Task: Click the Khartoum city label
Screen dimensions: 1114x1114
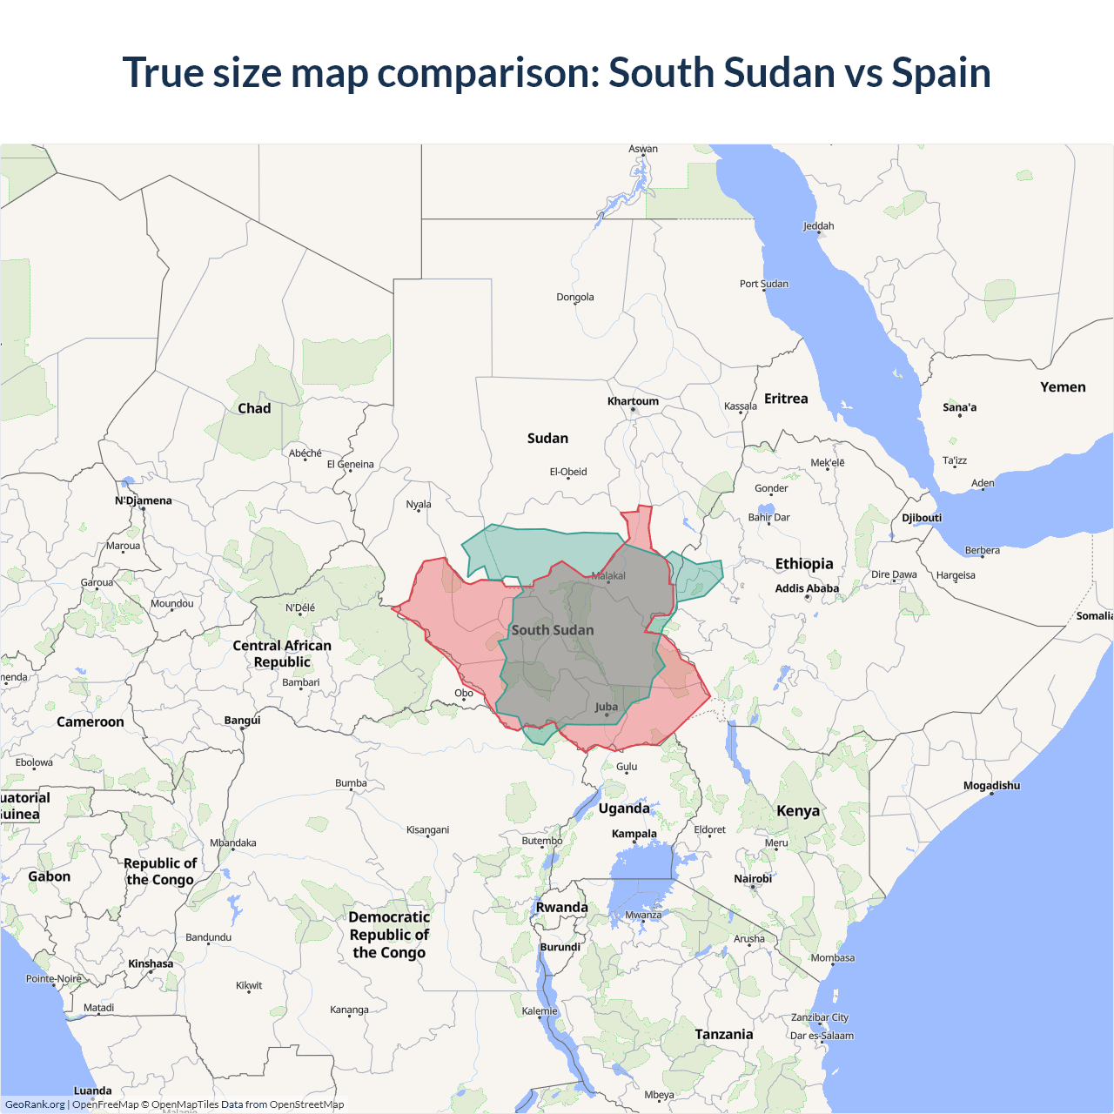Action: pyautogui.click(x=633, y=401)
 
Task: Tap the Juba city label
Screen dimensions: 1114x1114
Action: pyautogui.click(x=607, y=707)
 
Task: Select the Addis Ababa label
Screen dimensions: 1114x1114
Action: pyautogui.click(x=807, y=588)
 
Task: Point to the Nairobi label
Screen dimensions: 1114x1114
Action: pyautogui.click(x=753, y=879)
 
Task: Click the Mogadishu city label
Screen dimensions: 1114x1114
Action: pyautogui.click(x=991, y=786)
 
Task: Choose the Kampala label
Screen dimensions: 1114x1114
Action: pyautogui.click(x=634, y=834)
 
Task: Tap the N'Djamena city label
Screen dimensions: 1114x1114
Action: pyautogui.click(x=144, y=500)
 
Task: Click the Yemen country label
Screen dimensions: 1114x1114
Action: pyautogui.click(x=1063, y=387)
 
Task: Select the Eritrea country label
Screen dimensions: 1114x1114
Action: pyautogui.click(x=786, y=399)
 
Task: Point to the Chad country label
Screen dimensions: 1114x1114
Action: pyautogui.click(x=254, y=408)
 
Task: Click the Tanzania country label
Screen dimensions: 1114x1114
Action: pyautogui.click(x=724, y=1034)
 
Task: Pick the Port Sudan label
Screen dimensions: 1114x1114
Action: pyautogui.click(x=764, y=284)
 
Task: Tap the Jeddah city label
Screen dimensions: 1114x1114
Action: pyautogui.click(x=818, y=226)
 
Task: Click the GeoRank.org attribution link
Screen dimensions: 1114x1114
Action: pyautogui.click(x=35, y=1104)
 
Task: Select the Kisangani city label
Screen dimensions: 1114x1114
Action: pyautogui.click(x=427, y=829)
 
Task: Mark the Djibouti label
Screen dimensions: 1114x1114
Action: pyautogui.click(x=922, y=518)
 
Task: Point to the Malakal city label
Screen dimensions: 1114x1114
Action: pyautogui.click(x=608, y=575)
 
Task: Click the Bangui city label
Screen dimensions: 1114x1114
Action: pyautogui.click(x=242, y=721)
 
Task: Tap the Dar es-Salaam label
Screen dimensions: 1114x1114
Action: pyautogui.click(x=822, y=1036)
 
